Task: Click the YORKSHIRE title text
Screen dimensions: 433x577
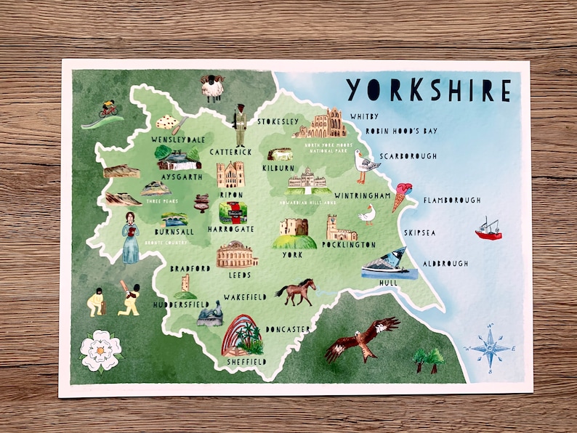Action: pyautogui.click(x=428, y=89)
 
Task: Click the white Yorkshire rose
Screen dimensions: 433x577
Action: pyautogui.click(x=100, y=350)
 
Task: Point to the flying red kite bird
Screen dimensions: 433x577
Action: pyautogui.click(x=361, y=339)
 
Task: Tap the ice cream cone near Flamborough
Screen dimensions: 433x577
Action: pyautogui.click(x=401, y=195)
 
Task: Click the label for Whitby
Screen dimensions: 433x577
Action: pyautogui.click(x=364, y=116)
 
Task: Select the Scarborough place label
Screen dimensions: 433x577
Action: pyautogui.click(x=408, y=156)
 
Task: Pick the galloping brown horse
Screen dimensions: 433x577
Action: pyautogui.click(x=296, y=291)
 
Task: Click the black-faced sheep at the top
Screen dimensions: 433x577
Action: pyautogui.click(x=212, y=87)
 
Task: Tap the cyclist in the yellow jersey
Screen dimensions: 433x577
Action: pyautogui.click(x=108, y=109)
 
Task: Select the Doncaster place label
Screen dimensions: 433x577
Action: pyautogui.click(x=289, y=329)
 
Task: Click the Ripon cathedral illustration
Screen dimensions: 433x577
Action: pyautogui.click(x=230, y=175)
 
